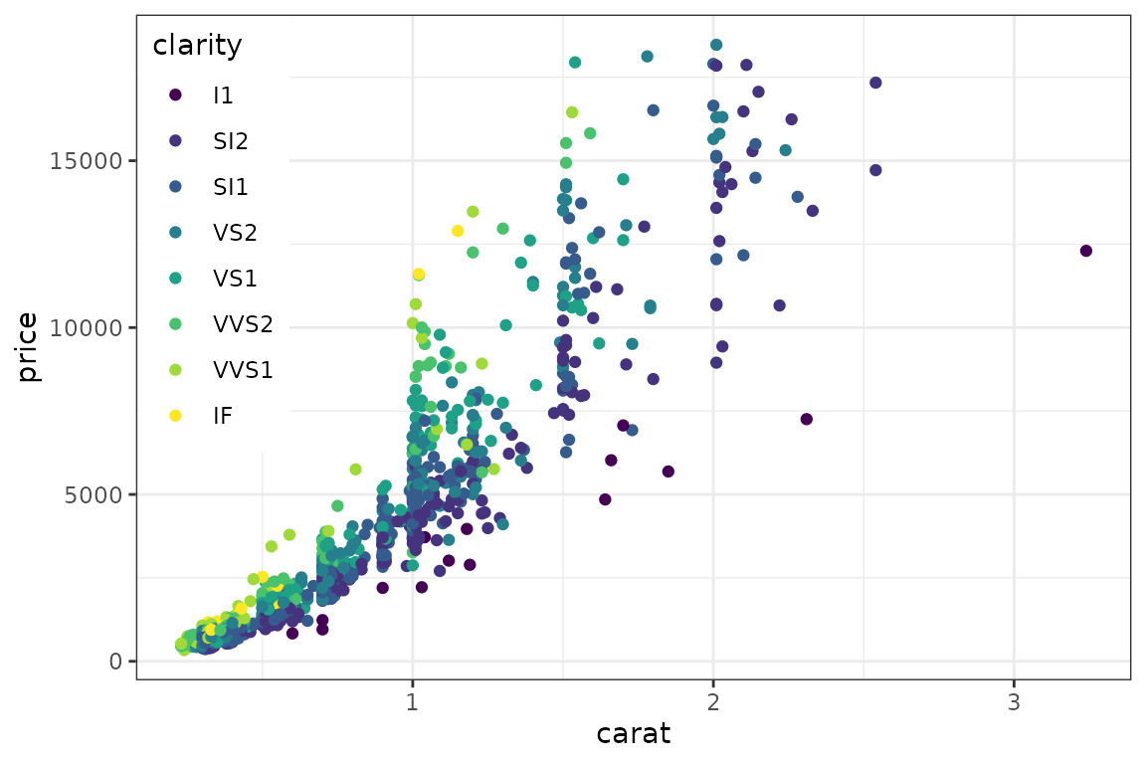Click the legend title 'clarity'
point(197,46)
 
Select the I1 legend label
point(223,95)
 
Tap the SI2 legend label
point(230,141)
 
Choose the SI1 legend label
point(230,187)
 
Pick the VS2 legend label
point(234,233)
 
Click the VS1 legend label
point(234,279)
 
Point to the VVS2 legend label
point(242,324)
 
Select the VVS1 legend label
point(242,370)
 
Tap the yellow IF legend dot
point(176,416)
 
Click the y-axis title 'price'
point(28,347)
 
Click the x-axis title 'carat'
point(633,735)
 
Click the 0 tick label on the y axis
point(115,662)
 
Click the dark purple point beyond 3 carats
point(1085,251)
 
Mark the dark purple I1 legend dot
point(176,95)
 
